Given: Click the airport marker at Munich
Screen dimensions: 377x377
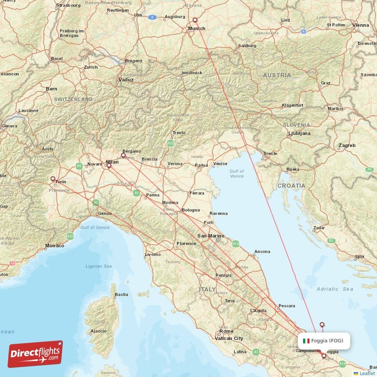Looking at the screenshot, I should click(x=196, y=20).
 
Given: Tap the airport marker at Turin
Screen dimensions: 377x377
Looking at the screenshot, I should click(x=53, y=179).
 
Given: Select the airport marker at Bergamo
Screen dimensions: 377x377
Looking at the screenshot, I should click(x=123, y=155).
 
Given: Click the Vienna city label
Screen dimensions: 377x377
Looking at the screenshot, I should click(x=361, y=25).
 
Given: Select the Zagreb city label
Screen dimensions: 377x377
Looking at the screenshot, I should click(x=346, y=146).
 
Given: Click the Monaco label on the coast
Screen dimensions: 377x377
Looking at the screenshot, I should click(x=55, y=246).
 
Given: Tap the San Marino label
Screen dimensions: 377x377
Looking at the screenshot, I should click(x=209, y=235).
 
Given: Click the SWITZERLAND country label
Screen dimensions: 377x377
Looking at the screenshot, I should click(x=73, y=99).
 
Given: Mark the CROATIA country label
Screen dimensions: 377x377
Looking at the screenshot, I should click(x=291, y=186).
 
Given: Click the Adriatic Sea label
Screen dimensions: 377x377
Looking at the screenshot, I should click(x=335, y=288).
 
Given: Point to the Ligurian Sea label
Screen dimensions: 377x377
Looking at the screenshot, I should click(x=98, y=266).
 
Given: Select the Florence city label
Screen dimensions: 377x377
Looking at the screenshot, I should click(x=186, y=244).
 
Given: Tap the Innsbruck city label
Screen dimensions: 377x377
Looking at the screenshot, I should click(x=192, y=73).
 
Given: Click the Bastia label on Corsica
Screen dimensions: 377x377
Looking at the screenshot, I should click(x=122, y=295).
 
